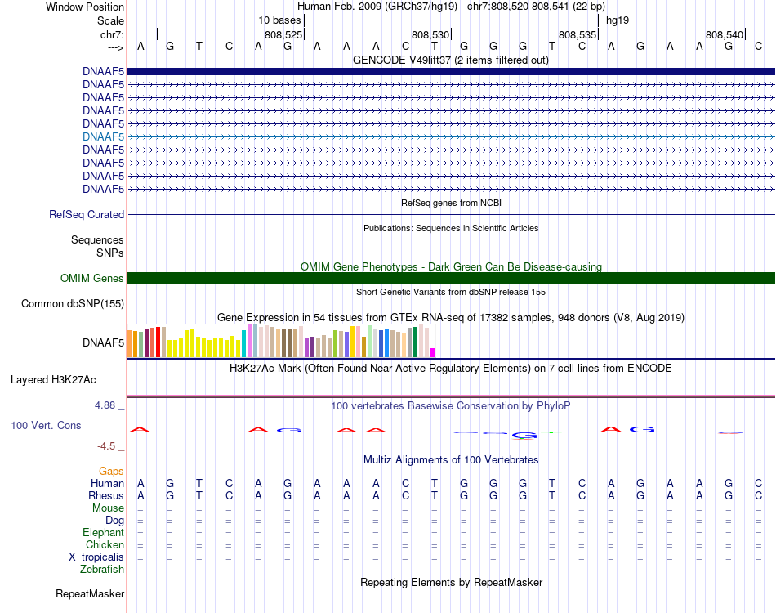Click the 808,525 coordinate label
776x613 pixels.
(283, 34)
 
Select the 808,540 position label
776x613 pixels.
(725, 34)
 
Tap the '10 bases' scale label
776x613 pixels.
(279, 20)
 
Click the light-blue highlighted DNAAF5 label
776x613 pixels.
(104, 136)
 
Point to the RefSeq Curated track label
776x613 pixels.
(87, 214)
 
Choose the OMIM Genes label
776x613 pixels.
(92, 278)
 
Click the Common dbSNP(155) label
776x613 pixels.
(73, 303)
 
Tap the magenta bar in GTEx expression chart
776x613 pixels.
(433, 352)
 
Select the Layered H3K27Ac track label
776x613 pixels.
(53, 380)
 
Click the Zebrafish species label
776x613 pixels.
(102, 570)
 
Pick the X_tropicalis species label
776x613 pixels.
(96, 557)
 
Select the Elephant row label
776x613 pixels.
(104, 532)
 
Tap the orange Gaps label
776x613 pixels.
(111, 471)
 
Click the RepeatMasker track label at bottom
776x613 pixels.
(90, 593)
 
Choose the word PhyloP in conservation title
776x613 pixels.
(553, 406)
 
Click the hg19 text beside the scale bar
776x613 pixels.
(618, 20)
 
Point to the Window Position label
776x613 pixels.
(85, 7)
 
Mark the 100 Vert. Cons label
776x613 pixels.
(46, 425)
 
